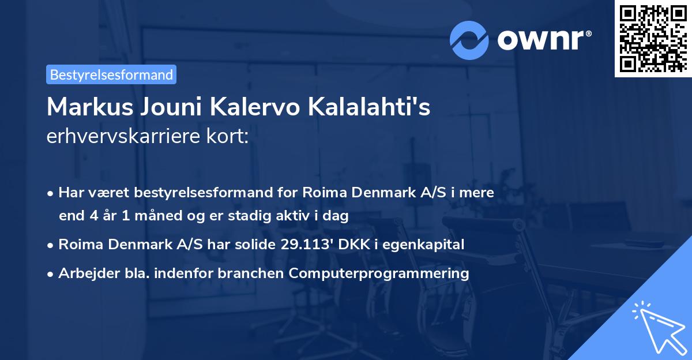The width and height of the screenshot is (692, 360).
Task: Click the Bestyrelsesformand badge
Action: pyautogui.click(x=111, y=74)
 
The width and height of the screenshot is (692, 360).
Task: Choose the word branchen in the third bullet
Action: pyautogui.click(x=257, y=273)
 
